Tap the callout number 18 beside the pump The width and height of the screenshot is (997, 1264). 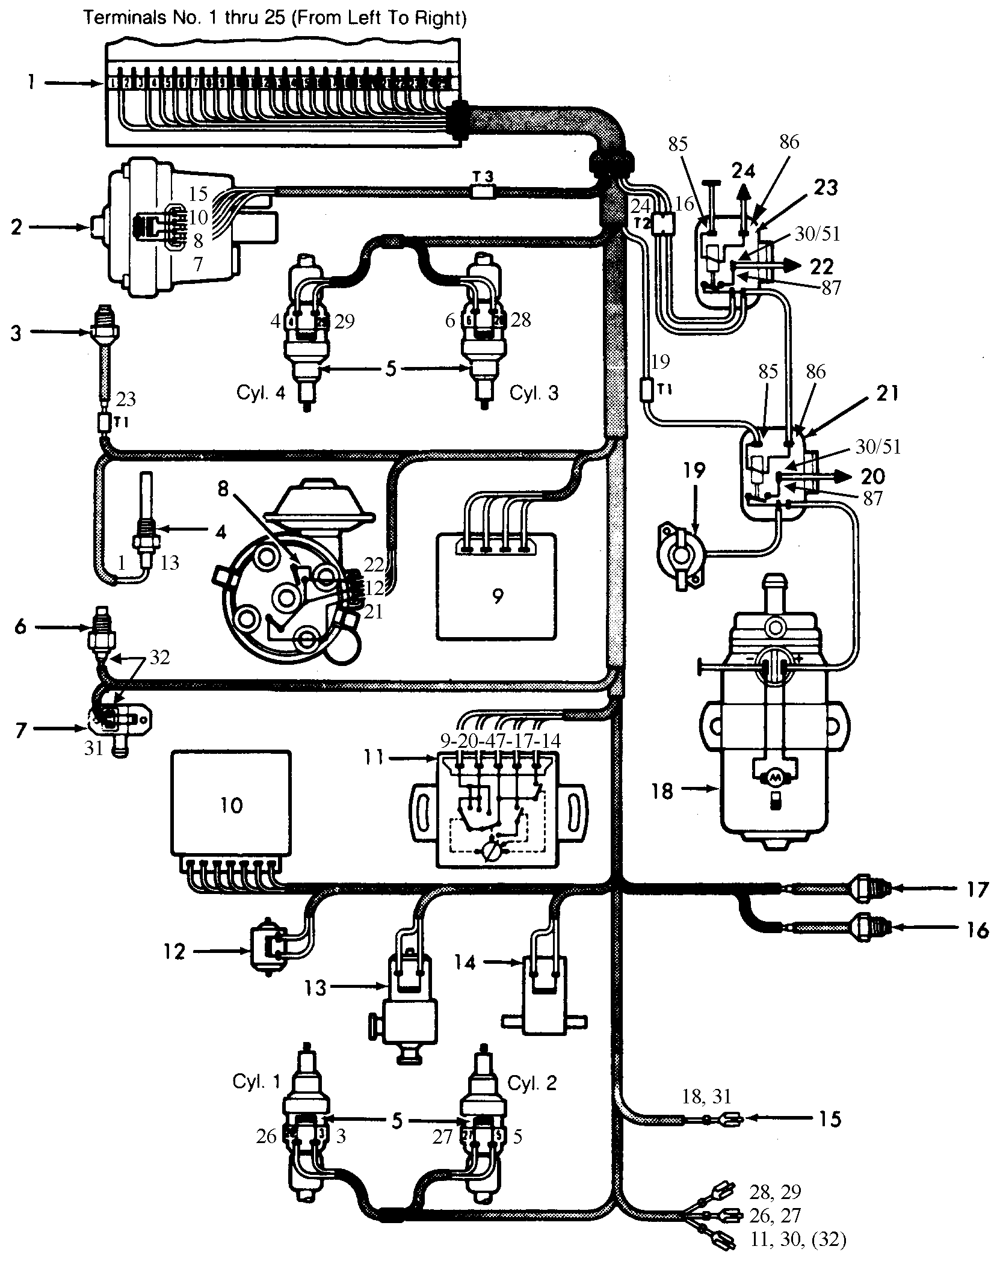pyautogui.click(x=662, y=791)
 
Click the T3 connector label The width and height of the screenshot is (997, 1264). pyautogui.click(x=483, y=177)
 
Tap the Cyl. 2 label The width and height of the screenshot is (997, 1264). pyautogui.click(x=532, y=1082)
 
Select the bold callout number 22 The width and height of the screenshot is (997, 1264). pyautogui.click(x=821, y=267)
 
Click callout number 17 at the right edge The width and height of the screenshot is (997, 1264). pyautogui.click(x=979, y=889)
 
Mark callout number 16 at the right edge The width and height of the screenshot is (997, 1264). pyautogui.click(x=978, y=930)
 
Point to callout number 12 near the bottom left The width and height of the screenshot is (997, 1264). pyautogui.click(x=174, y=952)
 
